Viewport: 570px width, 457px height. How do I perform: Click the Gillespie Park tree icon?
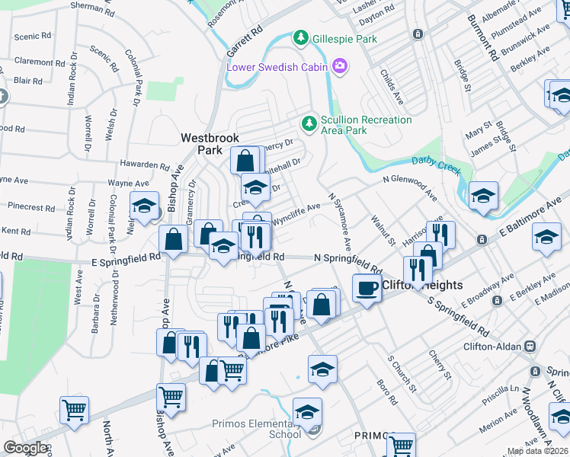(x=301, y=37)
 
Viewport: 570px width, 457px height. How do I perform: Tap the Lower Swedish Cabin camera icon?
(x=340, y=67)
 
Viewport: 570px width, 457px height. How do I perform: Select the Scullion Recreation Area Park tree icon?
(x=309, y=123)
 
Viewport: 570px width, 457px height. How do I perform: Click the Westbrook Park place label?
(x=210, y=144)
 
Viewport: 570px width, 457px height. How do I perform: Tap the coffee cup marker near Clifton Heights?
(x=367, y=288)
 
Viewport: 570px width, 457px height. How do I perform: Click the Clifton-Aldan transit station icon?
(x=529, y=346)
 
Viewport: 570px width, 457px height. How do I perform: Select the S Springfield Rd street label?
(x=458, y=318)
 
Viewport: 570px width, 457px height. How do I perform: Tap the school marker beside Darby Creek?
(x=482, y=196)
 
